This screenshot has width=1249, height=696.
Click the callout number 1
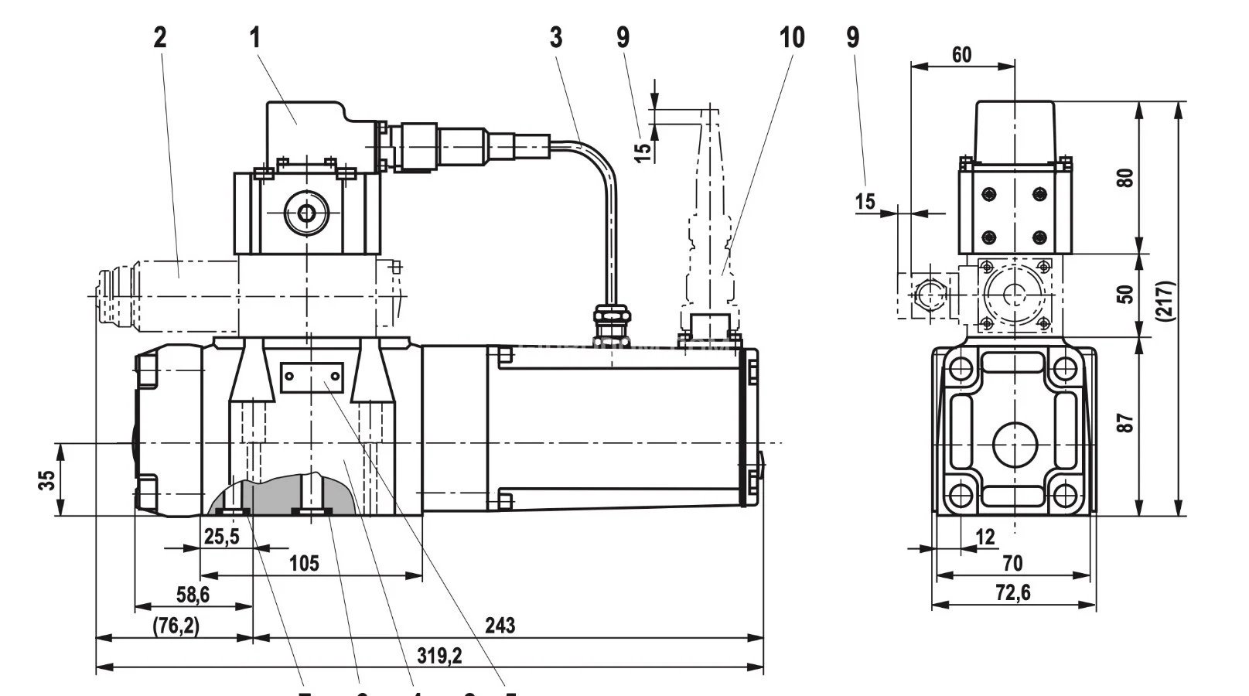(x=255, y=36)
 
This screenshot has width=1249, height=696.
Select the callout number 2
(x=159, y=36)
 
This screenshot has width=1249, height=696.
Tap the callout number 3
(x=556, y=36)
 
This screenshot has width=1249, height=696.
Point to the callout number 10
(x=791, y=36)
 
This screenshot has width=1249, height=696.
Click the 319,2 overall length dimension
(x=439, y=656)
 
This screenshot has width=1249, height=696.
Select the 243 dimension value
(x=500, y=625)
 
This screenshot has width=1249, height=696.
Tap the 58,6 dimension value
(x=193, y=595)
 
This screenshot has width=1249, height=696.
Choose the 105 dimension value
(x=303, y=563)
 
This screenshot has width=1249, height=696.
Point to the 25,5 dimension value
(x=221, y=536)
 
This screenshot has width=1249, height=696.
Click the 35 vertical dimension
(x=47, y=479)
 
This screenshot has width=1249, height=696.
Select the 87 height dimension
(x=1126, y=422)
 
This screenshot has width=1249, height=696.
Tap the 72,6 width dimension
(x=1013, y=593)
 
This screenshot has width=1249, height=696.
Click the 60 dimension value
(x=961, y=54)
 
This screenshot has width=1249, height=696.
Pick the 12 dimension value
(x=985, y=536)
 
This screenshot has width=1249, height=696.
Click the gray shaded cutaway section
(x=282, y=495)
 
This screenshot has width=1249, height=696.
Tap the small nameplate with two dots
(x=311, y=377)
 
